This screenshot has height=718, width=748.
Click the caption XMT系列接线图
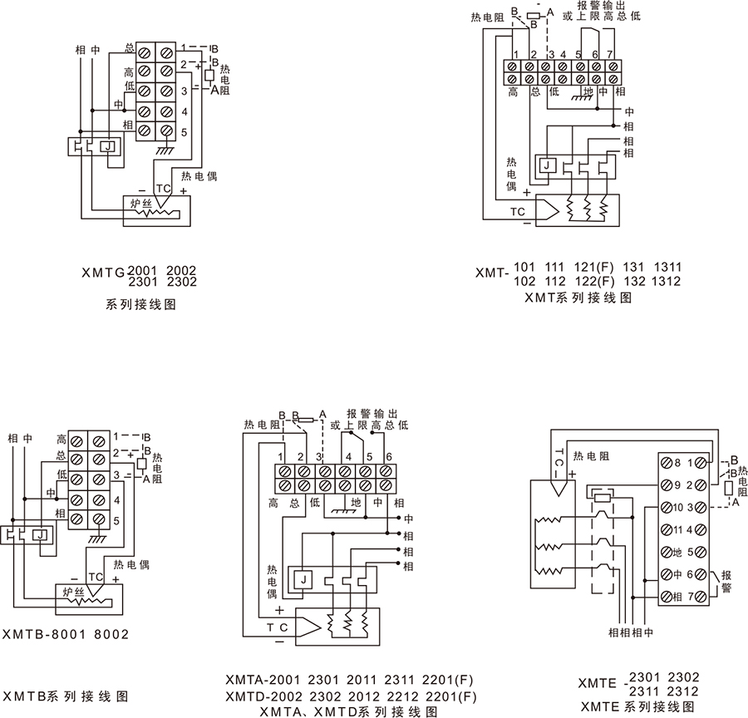coord(578,298)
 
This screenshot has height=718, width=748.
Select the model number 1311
coord(667,267)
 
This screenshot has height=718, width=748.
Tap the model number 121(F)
coord(593,267)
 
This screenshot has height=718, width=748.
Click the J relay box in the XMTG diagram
coord(108,146)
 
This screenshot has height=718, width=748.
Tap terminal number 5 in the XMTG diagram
coord(185,132)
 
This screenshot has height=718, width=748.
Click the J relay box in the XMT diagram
coord(546,165)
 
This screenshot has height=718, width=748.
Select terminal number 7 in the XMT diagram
coord(611,55)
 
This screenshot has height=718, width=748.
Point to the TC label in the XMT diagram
coord(518,211)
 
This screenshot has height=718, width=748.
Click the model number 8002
coord(112,634)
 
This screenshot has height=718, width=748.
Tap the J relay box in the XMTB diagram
coord(38,534)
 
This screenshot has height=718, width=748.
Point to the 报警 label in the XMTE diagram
coord(726,579)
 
